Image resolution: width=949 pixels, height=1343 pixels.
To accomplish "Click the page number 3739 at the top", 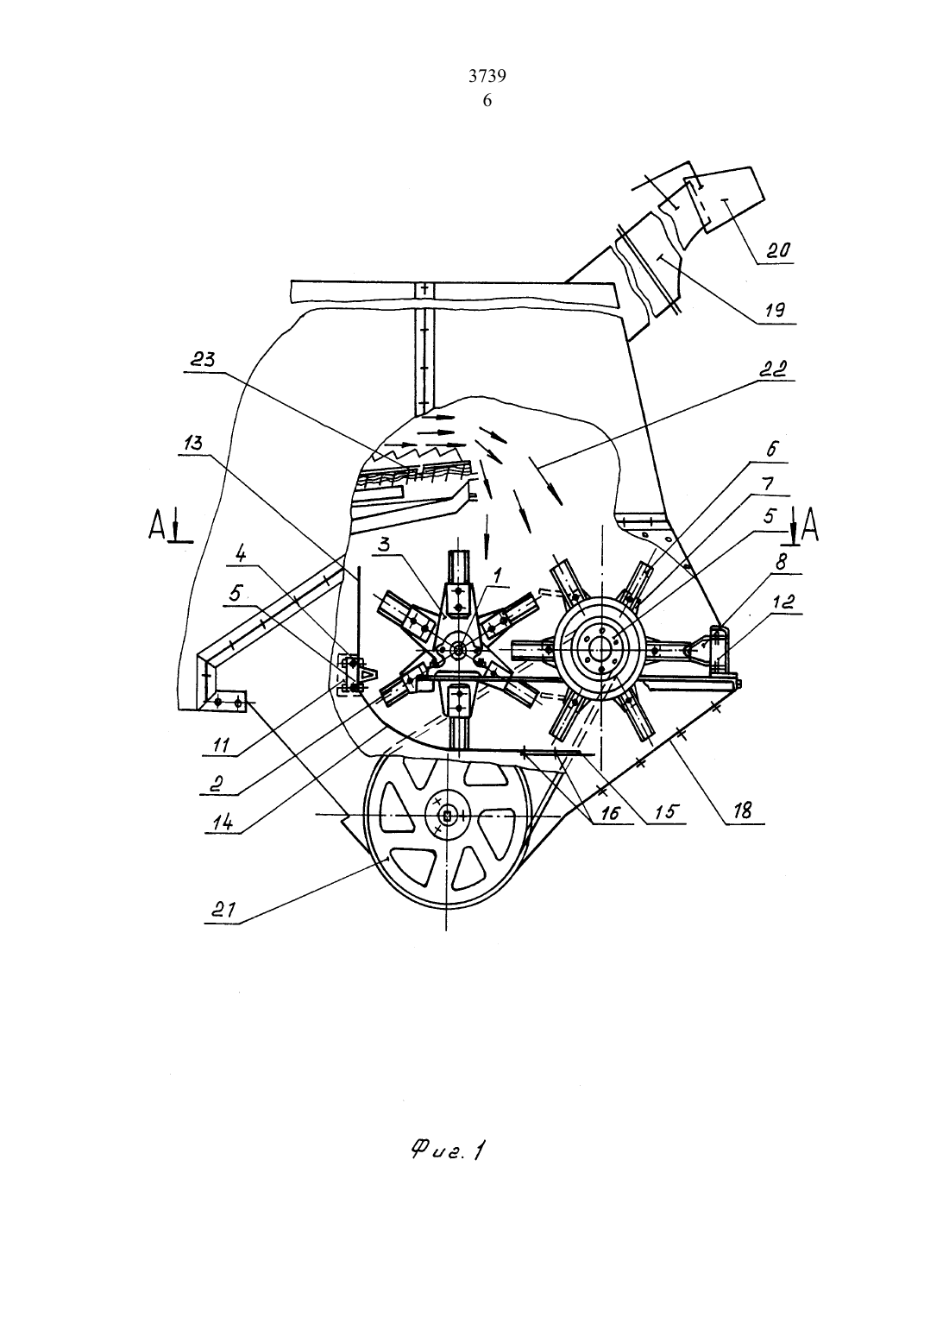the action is (x=487, y=76).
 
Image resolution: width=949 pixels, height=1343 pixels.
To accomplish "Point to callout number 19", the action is (x=776, y=310).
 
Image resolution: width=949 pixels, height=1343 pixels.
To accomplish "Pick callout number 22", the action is (x=772, y=369).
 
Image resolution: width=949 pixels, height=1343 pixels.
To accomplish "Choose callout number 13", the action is (x=192, y=444).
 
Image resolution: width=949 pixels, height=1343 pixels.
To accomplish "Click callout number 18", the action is (x=742, y=811).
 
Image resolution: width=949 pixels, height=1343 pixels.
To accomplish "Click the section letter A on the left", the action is (x=157, y=526).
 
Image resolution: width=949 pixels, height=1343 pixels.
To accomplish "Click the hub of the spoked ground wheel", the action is (x=447, y=815).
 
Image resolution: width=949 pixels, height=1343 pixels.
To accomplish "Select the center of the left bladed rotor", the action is (x=459, y=649).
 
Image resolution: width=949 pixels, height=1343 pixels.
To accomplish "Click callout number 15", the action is (x=666, y=811).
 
